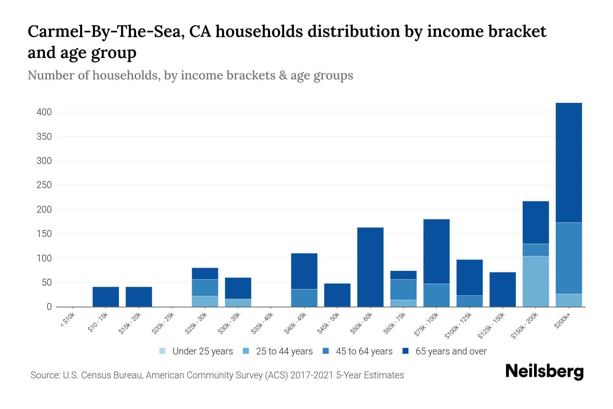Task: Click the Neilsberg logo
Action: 544,371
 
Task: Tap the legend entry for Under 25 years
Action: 202,351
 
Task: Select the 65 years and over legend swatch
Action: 406,351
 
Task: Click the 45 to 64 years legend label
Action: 364,351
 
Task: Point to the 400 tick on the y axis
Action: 44,112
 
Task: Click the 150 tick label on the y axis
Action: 44,234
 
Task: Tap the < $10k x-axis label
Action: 68,321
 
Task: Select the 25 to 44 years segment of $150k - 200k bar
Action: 536,281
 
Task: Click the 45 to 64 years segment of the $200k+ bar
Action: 569,258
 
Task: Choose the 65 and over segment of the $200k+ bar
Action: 569,163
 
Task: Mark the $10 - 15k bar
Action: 106,297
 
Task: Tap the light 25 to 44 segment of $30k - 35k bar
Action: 238,303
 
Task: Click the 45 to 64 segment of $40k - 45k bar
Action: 304,298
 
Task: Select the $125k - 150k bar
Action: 503,289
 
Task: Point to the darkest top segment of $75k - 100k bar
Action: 436,252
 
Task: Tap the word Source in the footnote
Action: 45,375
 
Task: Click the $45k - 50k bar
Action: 337,295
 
